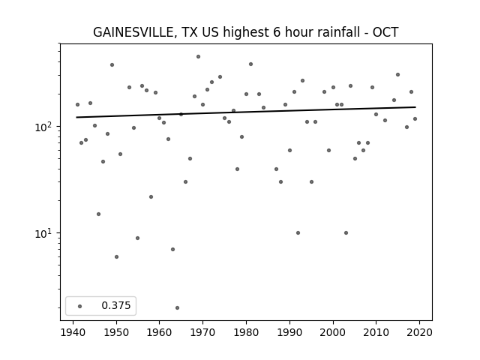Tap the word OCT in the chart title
click(x=385, y=32)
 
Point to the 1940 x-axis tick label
click(x=73, y=333)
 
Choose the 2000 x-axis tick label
click(x=333, y=333)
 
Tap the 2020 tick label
click(x=419, y=333)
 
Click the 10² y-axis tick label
click(x=44, y=127)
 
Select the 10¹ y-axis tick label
click(x=44, y=233)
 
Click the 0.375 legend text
click(x=116, y=305)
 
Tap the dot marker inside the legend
click(x=80, y=306)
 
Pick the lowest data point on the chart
click(x=177, y=307)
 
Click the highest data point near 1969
click(x=198, y=57)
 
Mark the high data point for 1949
click(x=112, y=65)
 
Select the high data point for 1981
click(x=250, y=64)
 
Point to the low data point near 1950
click(x=117, y=256)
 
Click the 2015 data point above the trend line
click(x=398, y=75)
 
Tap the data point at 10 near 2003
click(x=346, y=233)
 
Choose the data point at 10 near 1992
click(x=298, y=233)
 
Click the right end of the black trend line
click(x=415, y=107)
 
